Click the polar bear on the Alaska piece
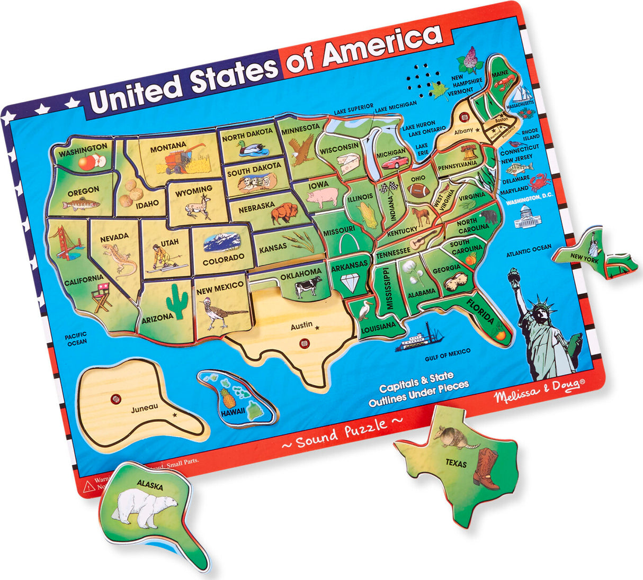pos(146,507)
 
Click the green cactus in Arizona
pos(177,300)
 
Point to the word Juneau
pos(145,407)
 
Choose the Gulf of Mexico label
pos(448,355)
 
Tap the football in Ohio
pos(418,191)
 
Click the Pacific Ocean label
pos(76,339)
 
